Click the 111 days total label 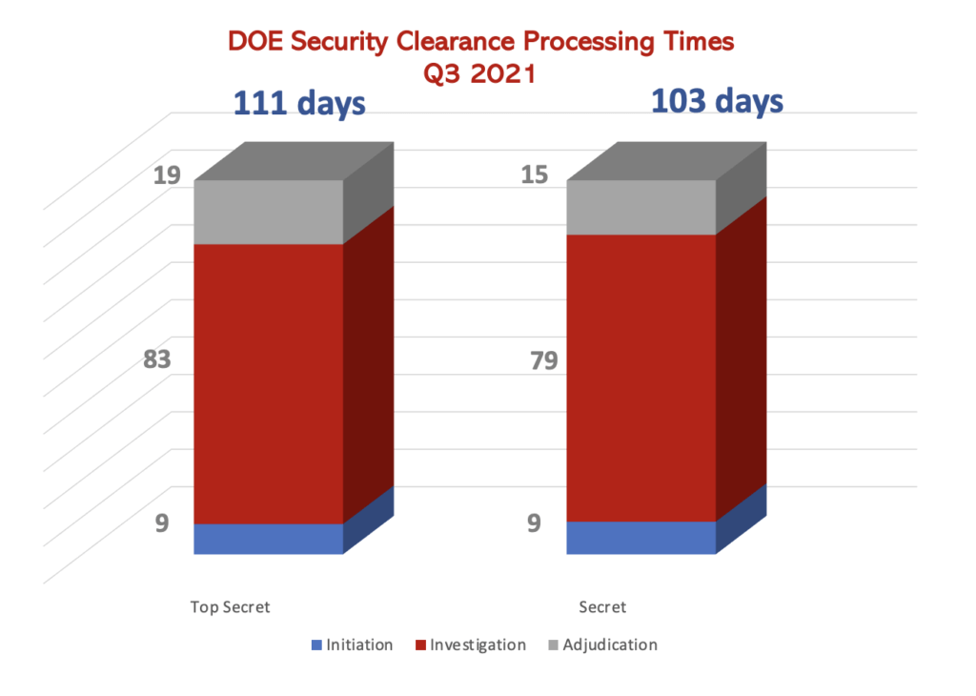click(x=300, y=102)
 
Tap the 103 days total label click(x=718, y=100)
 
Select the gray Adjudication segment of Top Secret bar click(x=268, y=212)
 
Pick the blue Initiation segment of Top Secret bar click(x=268, y=539)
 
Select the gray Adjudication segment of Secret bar click(x=640, y=207)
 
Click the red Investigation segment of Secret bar click(x=640, y=378)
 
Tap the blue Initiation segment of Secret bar click(x=640, y=538)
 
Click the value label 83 click(x=156, y=360)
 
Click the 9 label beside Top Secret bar click(x=162, y=522)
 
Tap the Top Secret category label click(x=230, y=607)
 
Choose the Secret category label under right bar click(x=602, y=607)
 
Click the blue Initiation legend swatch click(x=316, y=645)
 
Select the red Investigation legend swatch click(x=420, y=645)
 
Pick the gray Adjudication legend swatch click(x=552, y=645)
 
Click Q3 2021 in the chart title click(x=482, y=72)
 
